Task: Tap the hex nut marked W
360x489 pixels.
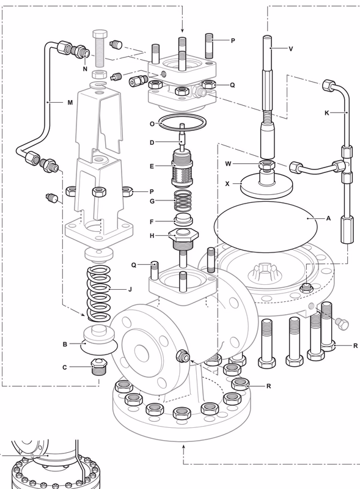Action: coord(266,165)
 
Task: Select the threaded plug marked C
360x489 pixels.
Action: coord(98,369)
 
